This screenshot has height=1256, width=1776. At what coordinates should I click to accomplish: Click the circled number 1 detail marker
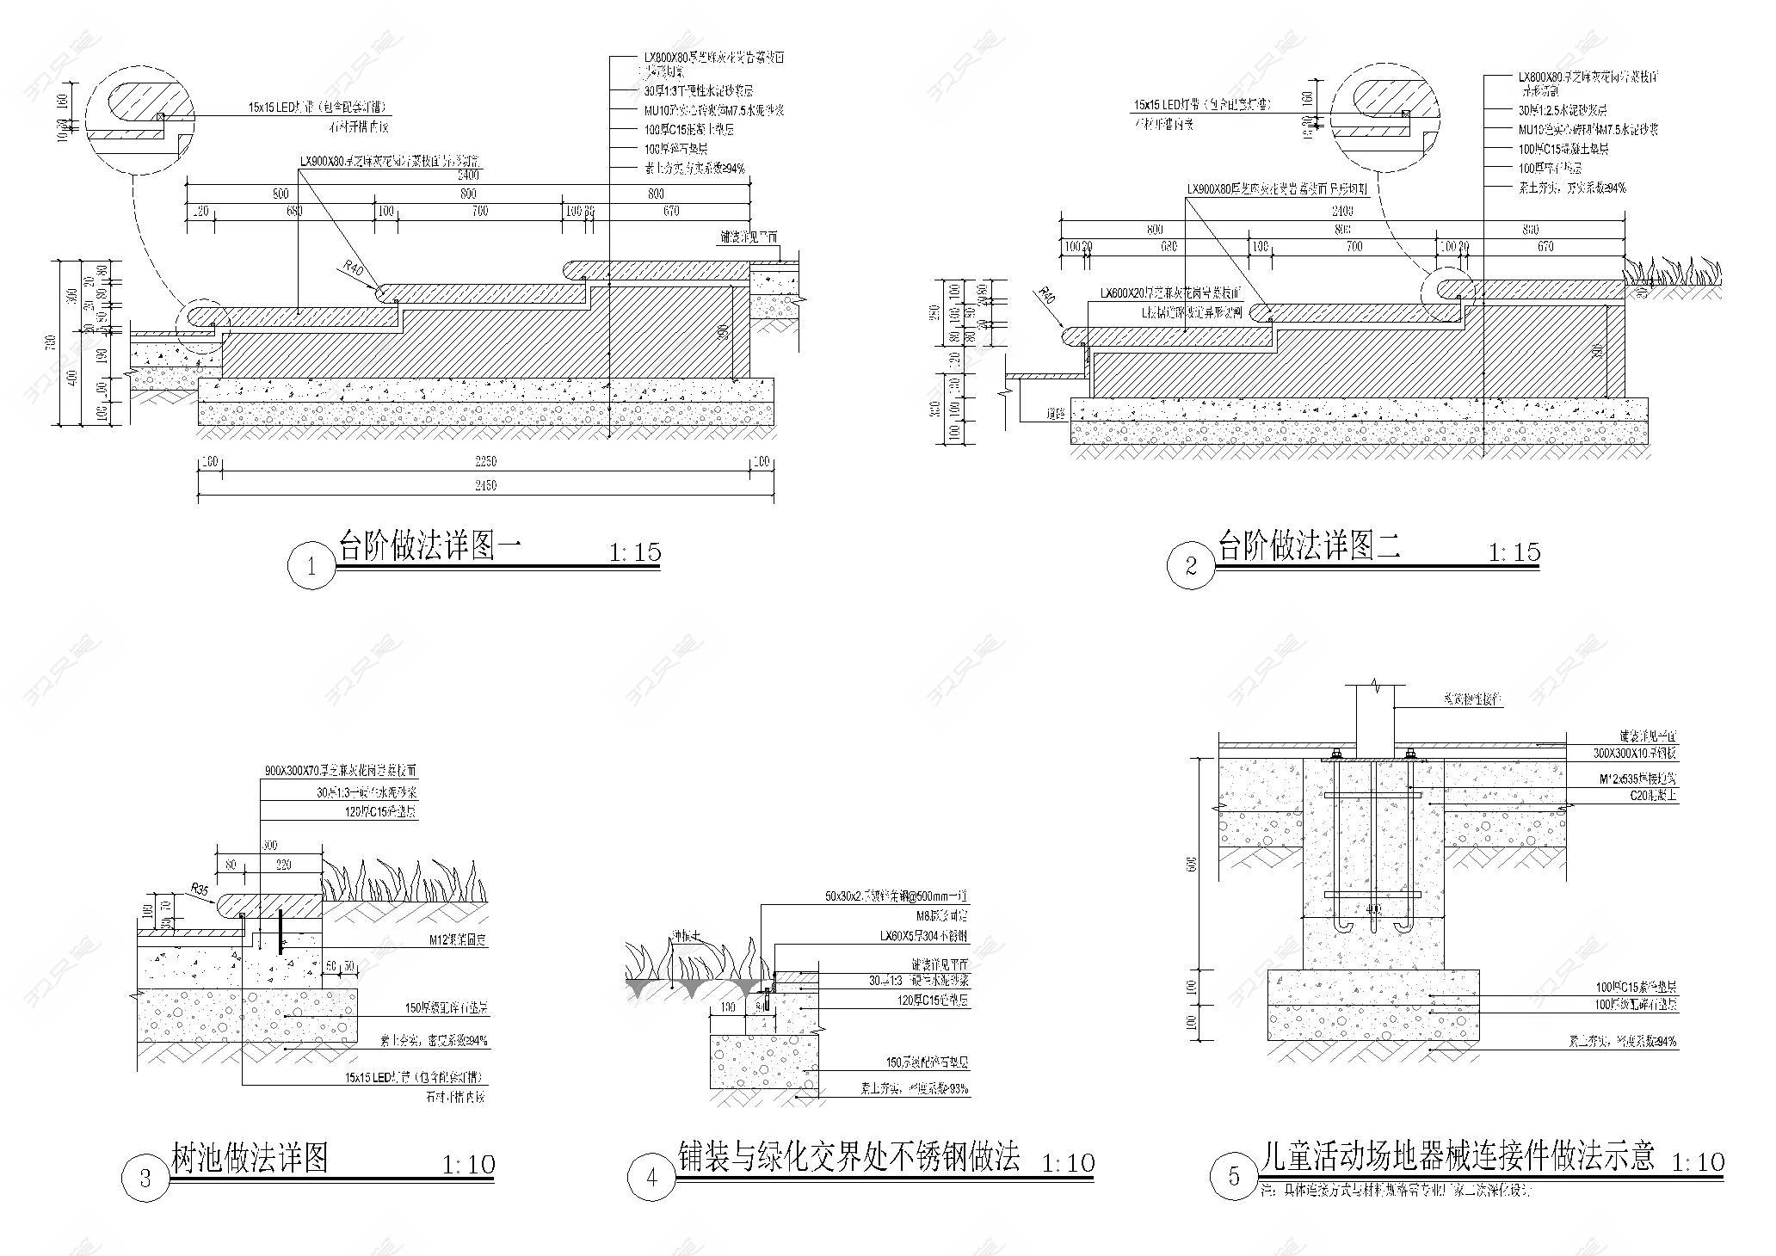click(311, 566)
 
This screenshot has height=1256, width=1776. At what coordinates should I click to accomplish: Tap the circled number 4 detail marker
click(651, 1178)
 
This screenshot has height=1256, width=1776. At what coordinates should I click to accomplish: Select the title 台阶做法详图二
click(1310, 546)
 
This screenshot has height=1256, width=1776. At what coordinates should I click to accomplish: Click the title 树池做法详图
click(250, 1158)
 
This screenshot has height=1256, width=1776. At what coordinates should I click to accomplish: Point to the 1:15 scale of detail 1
click(635, 552)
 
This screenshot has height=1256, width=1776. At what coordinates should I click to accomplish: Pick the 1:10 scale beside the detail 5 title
click(1697, 1163)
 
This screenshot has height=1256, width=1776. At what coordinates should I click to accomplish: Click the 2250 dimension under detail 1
click(485, 461)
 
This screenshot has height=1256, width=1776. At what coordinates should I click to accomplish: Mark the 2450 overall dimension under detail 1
click(485, 485)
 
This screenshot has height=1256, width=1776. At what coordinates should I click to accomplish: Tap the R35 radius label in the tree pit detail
click(200, 889)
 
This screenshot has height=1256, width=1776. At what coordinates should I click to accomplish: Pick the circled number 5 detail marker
click(1234, 1178)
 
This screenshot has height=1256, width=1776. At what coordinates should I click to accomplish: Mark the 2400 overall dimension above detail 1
click(470, 174)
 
